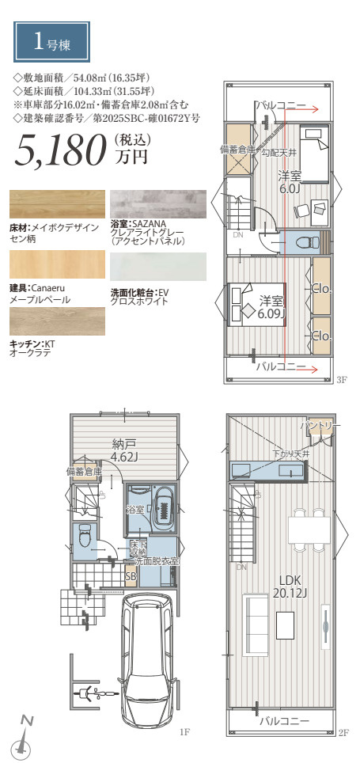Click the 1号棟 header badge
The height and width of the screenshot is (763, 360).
click(51, 42)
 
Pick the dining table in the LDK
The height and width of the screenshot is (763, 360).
click(309, 530)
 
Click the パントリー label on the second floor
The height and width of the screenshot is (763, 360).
click(316, 426)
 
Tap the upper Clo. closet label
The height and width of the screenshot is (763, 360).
click(321, 289)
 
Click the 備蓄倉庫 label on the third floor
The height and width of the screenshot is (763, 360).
click(238, 150)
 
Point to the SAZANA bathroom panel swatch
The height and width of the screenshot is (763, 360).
click(158, 204)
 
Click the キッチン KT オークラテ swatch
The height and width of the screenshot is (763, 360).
click(57, 321)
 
